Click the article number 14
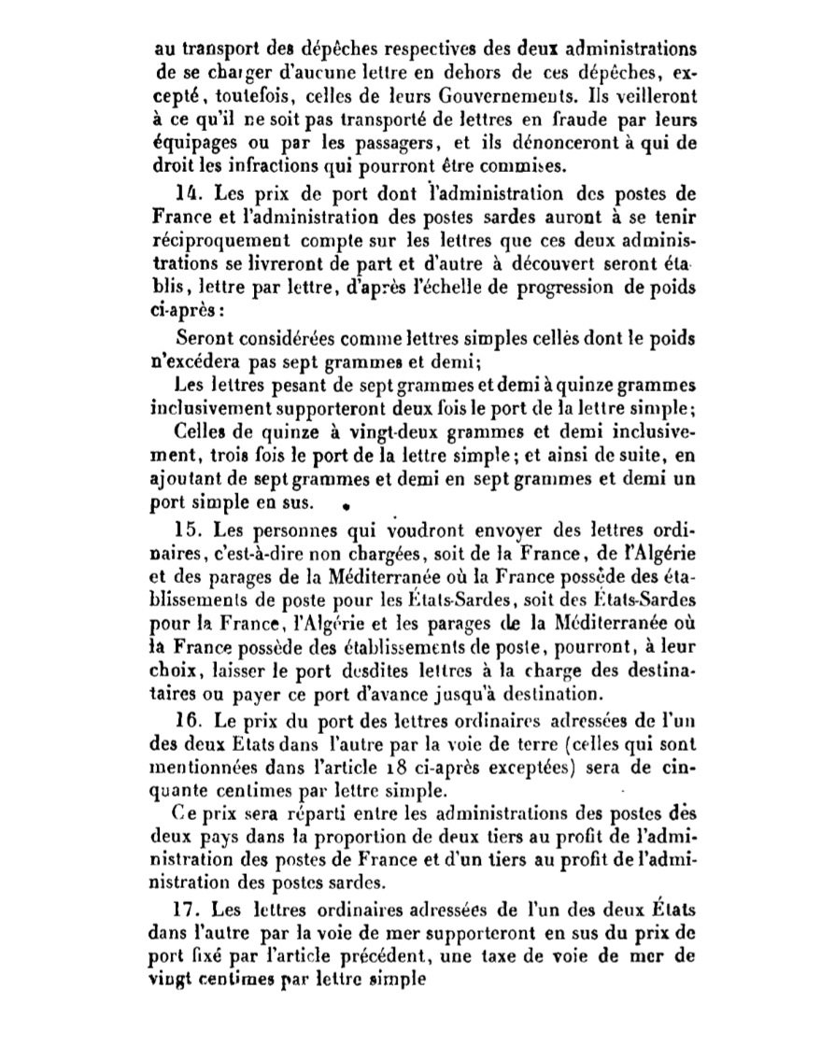pyautogui.click(x=185, y=194)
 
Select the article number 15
pyautogui.click(x=185, y=527)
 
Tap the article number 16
pyautogui.click(x=185, y=722)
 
